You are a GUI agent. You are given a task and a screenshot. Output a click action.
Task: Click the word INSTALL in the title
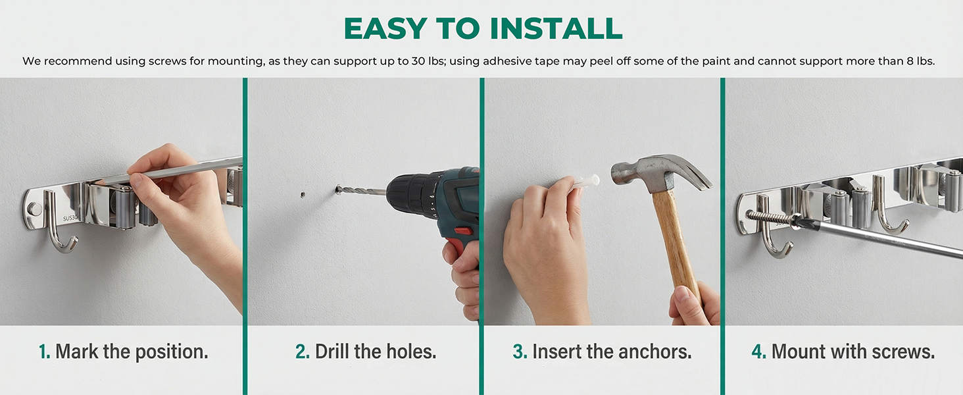556,28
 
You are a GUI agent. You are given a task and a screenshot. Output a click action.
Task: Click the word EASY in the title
385,28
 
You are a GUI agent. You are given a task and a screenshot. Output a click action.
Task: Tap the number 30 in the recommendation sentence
418,61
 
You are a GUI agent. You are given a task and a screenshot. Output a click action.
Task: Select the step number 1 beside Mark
44,352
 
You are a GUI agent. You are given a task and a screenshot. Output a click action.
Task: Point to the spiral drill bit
361,190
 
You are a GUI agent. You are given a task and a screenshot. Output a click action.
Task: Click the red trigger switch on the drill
464,232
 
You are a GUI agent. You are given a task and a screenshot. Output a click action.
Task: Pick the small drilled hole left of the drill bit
303,194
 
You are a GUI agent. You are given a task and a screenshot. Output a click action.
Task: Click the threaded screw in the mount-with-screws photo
771,218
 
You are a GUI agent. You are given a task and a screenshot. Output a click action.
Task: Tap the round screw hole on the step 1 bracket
34,209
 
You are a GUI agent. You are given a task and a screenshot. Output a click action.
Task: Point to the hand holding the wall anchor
546,250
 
